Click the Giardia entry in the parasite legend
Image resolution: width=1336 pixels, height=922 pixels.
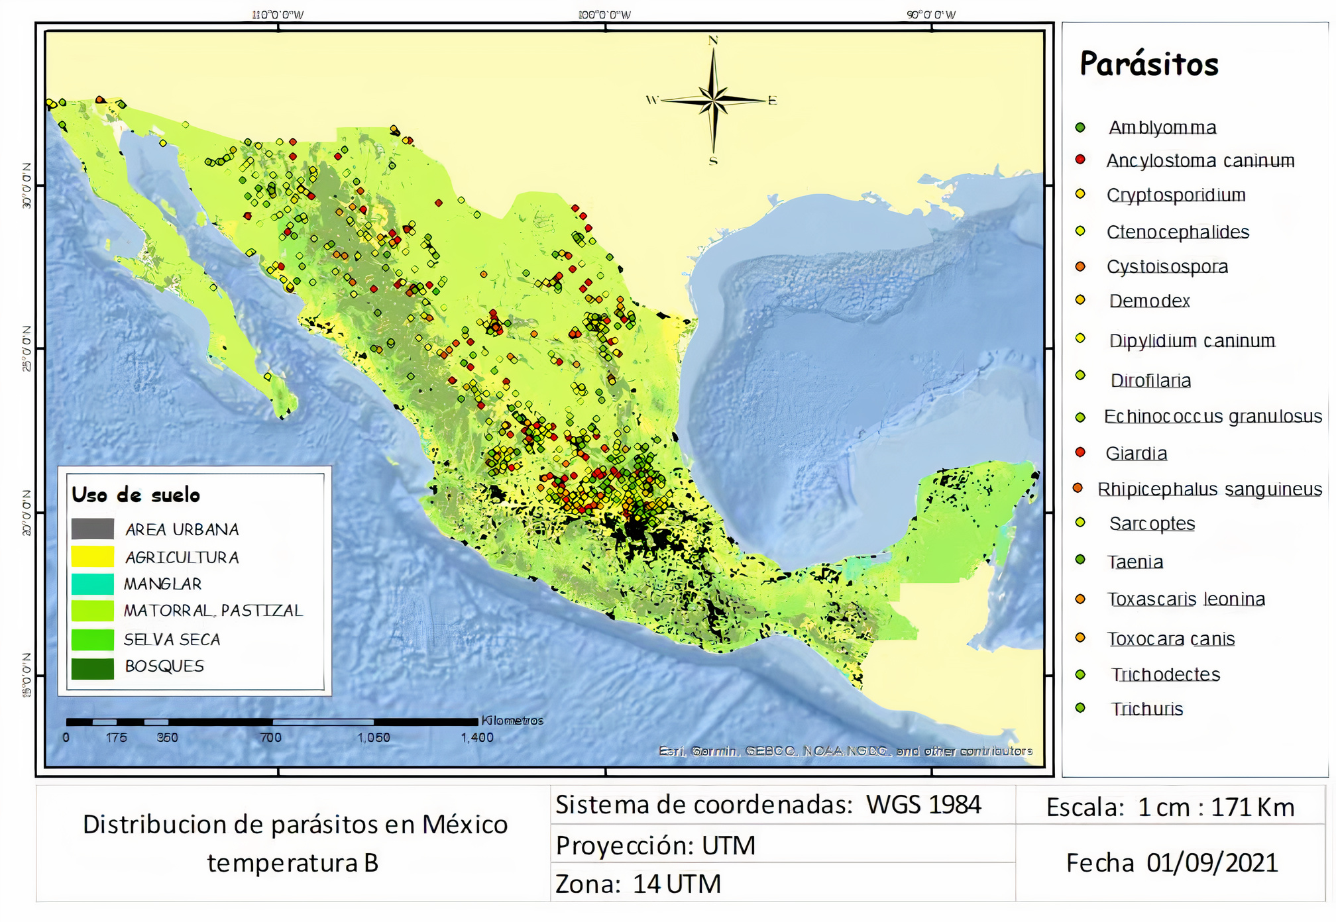pos(1136,454)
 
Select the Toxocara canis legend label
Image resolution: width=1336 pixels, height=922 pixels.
pos(1171,639)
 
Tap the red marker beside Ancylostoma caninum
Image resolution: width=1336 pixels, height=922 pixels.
pos(1080,160)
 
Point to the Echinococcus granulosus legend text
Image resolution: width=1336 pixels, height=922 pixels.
pos(1213,417)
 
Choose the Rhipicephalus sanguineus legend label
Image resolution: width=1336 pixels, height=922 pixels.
pos(1209,489)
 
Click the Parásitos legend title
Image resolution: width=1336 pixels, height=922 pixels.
pos(1149,64)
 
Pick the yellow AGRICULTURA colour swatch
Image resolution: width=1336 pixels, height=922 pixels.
pos(93,556)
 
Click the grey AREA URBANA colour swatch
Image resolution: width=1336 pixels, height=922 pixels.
pos(93,529)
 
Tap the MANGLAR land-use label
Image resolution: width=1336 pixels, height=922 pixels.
pos(162,584)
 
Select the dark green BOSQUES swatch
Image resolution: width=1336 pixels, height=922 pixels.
pos(93,668)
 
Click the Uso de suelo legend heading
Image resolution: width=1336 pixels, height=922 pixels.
pos(136,495)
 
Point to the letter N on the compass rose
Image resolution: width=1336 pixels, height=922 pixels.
pos(713,40)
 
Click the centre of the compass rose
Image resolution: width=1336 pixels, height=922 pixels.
pos(713,101)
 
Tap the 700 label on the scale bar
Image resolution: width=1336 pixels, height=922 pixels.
pos(271,738)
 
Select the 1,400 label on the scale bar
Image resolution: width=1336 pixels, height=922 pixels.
pos(477,738)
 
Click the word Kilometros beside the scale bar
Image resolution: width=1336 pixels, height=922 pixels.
pos(512,721)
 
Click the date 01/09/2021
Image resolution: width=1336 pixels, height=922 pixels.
pos(1212,863)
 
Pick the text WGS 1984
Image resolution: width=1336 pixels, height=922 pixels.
pos(923,805)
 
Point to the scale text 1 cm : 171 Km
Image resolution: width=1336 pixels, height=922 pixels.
pos(1216,807)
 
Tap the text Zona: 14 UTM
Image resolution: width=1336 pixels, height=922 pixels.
pos(638,884)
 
